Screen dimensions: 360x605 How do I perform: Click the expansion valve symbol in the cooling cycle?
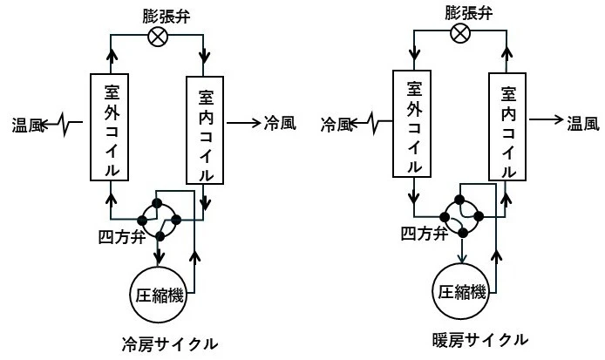(x=160, y=37)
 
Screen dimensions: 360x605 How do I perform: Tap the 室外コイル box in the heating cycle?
(x=411, y=126)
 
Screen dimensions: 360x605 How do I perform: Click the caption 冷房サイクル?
(x=169, y=343)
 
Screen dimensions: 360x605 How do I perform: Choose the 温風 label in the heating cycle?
(x=582, y=124)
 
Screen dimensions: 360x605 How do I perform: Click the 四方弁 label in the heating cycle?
(x=425, y=233)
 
